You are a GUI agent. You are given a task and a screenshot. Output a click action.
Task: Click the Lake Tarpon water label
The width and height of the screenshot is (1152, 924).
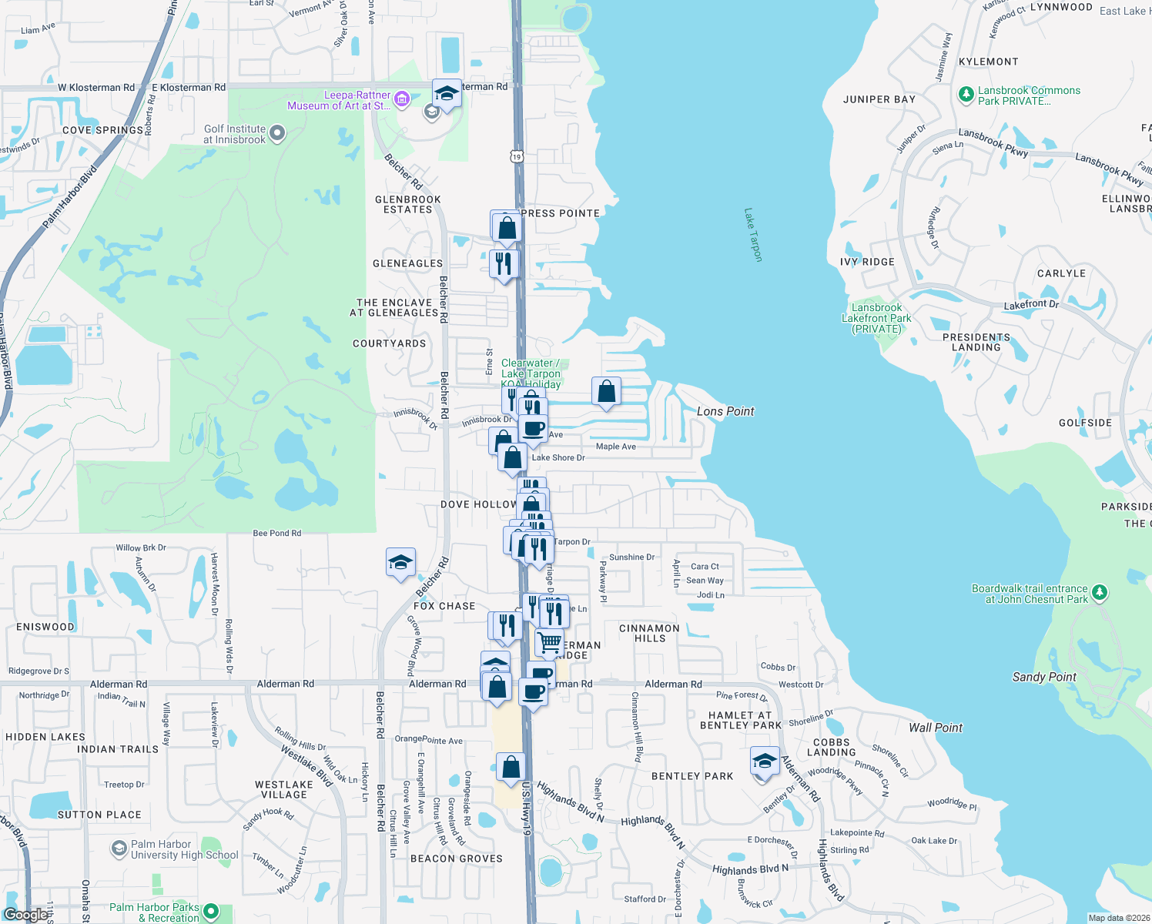pyautogui.click(x=753, y=235)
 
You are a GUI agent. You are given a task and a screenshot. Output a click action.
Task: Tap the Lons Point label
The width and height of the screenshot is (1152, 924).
pyautogui.click(x=725, y=411)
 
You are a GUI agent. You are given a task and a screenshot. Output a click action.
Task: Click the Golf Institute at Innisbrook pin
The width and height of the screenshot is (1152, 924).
pyautogui.click(x=277, y=134)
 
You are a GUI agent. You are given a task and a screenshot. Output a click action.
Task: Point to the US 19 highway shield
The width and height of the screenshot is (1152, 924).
pyautogui.click(x=516, y=156)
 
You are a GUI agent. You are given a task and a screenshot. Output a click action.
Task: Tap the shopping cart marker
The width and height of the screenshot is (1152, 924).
pyautogui.click(x=549, y=642)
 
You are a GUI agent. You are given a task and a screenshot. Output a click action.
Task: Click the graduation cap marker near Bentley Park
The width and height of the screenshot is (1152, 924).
pyautogui.click(x=765, y=762)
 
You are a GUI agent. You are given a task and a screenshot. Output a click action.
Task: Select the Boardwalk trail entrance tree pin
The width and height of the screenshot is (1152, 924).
pyautogui.click(x=1100, y=592)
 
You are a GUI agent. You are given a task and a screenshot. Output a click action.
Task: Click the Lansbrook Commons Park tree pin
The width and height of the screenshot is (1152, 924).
pyautogui.click(x=966, y=95)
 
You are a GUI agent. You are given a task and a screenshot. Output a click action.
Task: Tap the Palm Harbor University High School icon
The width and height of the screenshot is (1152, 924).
pyautogui.click(x=119, y=849)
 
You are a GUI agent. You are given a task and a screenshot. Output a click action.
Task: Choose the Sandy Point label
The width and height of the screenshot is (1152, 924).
pyautogui.click(x=1044, y=677)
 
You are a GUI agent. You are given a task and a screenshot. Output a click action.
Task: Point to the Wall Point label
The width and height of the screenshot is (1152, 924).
pyautogui.click(x=936, y=728)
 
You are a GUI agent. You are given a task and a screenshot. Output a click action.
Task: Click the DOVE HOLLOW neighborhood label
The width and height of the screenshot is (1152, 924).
pyautogui.click(x=478, y=504)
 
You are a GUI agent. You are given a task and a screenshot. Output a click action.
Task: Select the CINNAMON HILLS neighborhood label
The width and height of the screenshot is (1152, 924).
pyautogui.click(x=649, y=633)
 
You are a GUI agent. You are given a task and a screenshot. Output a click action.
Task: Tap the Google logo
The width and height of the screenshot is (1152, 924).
pyautogui.click(x=26, y=915)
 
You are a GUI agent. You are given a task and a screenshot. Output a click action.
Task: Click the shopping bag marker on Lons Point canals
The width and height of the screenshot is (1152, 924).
pyautogui.click(x=606, y=392)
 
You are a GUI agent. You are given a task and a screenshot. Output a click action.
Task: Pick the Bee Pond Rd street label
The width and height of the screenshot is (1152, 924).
pyautogui.click(x=277, y=533)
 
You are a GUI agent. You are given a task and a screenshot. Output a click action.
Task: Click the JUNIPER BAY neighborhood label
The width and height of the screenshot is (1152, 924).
pyautogui.click(x=879, y=99)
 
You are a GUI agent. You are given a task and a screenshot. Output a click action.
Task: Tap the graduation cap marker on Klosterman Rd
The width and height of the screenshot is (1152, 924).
pyautogui.click(x=447, y=94)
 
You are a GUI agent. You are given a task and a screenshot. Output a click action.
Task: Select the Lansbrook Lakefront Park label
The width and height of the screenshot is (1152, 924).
pyautogui.click(x=876, y=318)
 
